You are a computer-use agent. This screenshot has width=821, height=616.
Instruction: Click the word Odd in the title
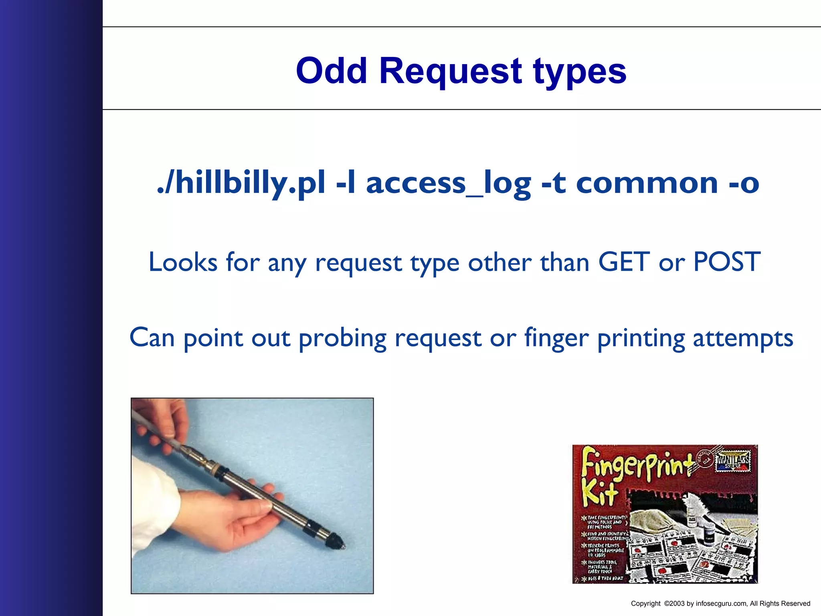coord(332,71)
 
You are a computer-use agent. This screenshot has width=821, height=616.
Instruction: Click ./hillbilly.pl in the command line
coord(241,183)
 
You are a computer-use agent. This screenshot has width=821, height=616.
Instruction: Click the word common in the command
coord(647,183)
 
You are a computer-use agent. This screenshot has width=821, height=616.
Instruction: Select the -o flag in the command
coord(744,183)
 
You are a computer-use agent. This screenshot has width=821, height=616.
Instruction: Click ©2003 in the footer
coord(674,604)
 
